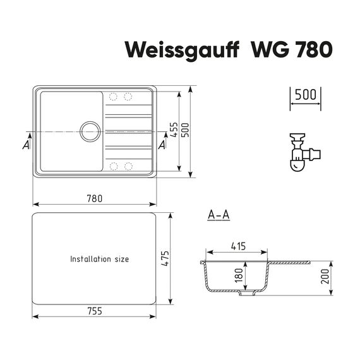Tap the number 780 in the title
click(313, 50)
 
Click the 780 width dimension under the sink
click(95, 198)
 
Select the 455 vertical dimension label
click(174, 129)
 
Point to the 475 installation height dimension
click(165, 258)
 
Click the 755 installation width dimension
click(95, 311)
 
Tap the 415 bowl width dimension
click(238, 246)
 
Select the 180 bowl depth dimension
click(239, 275)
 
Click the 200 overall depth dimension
click(325, 277)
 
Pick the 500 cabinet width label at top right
click(305, 95)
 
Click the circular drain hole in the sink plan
click(90, 131)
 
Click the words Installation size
click(99, 259)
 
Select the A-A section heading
click(219, 215)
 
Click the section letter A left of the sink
click(26, 145)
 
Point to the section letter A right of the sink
click(162, 145)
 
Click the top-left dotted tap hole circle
click(113, 97)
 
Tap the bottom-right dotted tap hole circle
click(128, 166)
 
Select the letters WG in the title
click(270, 50)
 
